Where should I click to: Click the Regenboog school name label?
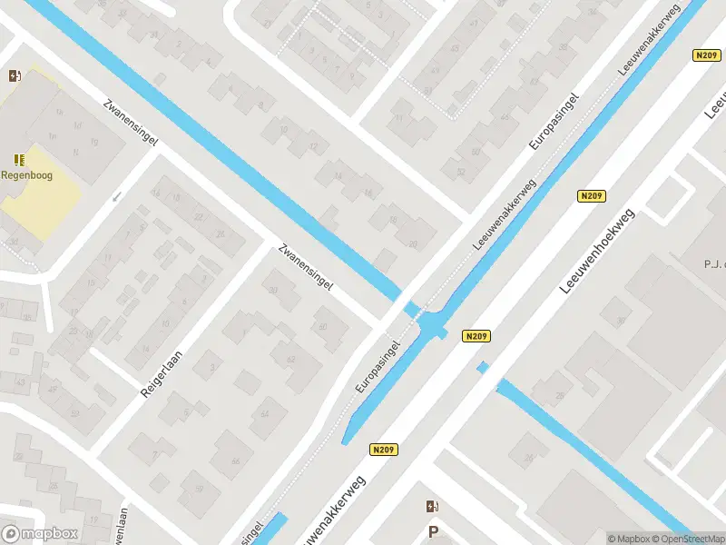click(25, 176)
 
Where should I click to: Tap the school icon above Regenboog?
click(20, 160)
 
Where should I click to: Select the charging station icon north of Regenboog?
click(15, 76)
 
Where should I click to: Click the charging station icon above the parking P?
click(434, 506)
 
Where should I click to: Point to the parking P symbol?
click(434, 532)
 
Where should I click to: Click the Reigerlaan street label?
click(162, 373)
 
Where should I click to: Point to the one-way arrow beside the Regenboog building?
click(115, 197)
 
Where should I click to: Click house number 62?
click(291, 360)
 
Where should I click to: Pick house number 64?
click(265, 414)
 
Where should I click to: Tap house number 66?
click(236, 461)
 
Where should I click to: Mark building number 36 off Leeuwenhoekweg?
click(622, 321)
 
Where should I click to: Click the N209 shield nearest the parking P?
click(385, 450)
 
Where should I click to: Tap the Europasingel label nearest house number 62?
click(378, 367)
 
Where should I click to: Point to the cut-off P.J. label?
click(712, 265)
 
